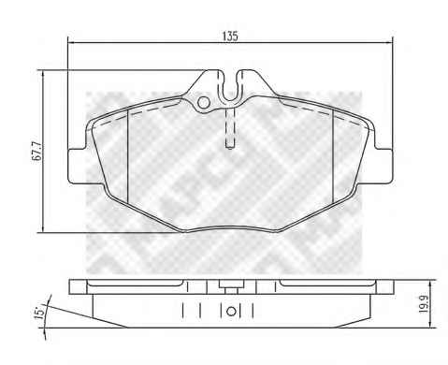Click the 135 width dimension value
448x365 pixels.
(230, 36)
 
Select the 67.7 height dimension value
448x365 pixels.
(36, 151)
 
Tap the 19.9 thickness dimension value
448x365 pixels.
(423, 304)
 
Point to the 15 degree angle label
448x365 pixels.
(40, 313)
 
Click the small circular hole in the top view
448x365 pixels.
(204, 102)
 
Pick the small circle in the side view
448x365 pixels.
(231, 312)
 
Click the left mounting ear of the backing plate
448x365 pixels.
(77, 166)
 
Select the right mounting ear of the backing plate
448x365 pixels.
(383, 166)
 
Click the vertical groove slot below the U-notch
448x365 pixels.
(230, 127)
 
